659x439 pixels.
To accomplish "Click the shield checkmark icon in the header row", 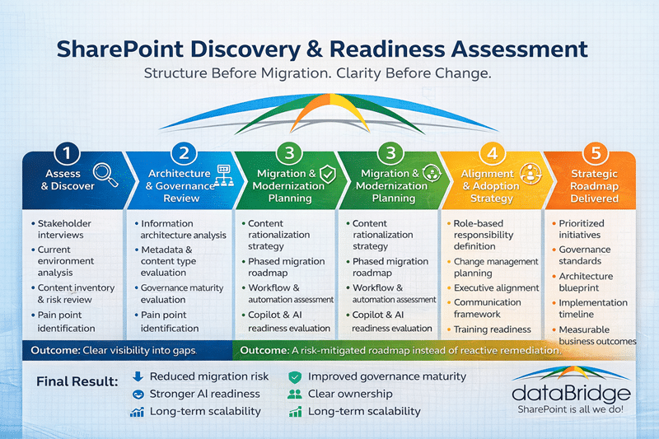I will (327, 173).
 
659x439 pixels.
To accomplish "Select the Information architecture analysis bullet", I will (183, 230).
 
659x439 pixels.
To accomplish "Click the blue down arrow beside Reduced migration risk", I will (138, 377).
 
